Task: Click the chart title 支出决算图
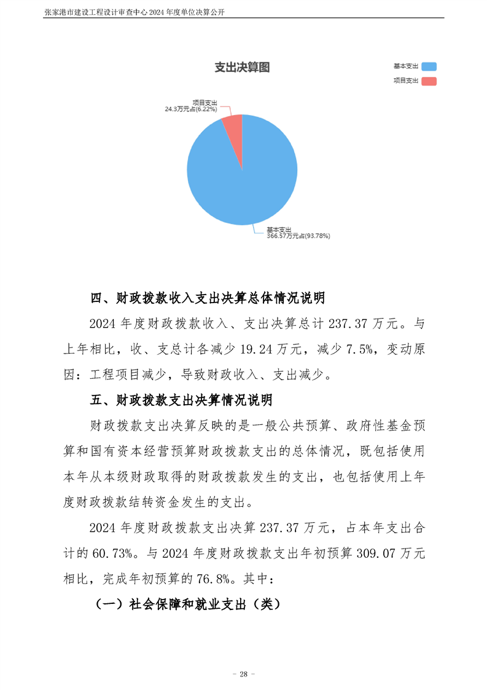(x=242, y=68)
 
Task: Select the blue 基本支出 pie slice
(x=246, y=178)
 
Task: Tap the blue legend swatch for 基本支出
(x=429, y=66)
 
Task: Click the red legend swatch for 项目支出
(x=429, y=81)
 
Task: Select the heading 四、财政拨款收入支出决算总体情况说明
(x=208, y=299)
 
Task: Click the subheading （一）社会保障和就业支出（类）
(x=187, y=604)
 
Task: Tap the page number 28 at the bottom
(x=243, y=674)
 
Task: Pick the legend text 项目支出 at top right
(x=405, y=81)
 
